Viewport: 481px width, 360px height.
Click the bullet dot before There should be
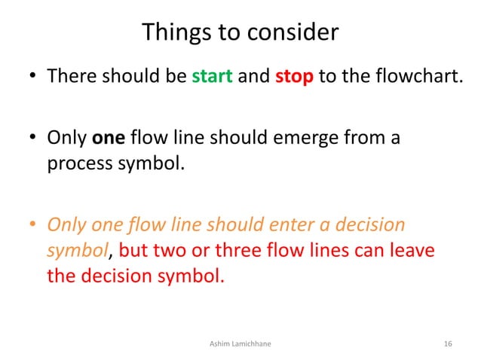click(x=32, y=78)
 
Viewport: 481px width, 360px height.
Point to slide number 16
click(x=448, y=344)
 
